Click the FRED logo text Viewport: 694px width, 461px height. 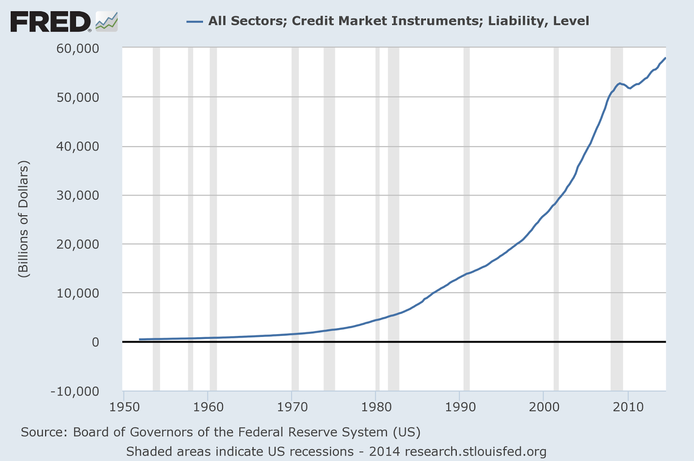[50, 22]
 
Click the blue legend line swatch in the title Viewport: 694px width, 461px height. [195, 21]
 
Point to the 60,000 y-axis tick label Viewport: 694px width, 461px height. [77, 48]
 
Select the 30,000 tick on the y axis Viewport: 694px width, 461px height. [77, 195]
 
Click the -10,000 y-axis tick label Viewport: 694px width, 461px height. [75, 392]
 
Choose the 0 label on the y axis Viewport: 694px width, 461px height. [95, 342]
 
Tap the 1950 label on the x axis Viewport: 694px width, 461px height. [124, 407]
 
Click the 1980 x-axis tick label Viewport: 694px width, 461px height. [376, 407]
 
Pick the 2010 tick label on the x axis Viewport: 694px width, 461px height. [627, 407]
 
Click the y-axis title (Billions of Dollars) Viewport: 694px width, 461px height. [23, 219]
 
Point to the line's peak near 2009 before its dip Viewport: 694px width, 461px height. [620, 83]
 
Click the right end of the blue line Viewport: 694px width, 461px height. [665, 58]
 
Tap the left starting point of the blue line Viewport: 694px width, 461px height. [140, 339]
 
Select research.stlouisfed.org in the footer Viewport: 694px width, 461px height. [475, 452]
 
